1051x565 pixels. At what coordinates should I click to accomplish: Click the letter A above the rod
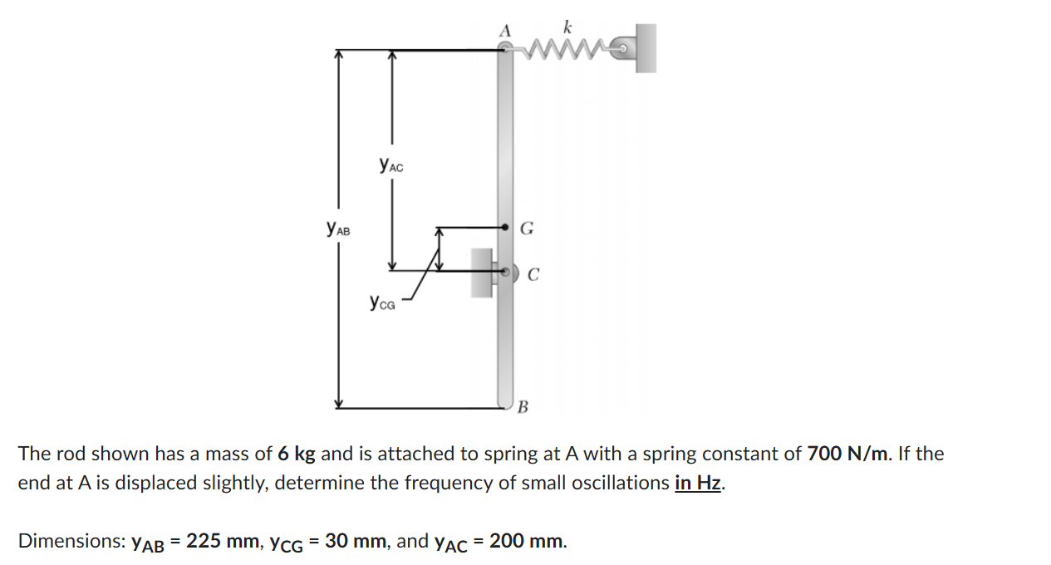pyautogui.click(x=503, y=30)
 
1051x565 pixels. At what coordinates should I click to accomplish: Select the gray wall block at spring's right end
pyautogui.click(x=645, y=47)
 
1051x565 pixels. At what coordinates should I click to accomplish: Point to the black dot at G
pyautogui.click(x=505, y=226)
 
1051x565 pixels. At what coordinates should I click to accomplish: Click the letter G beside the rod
pyautogui.click(x=527, y=228)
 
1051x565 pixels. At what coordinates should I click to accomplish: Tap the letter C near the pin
pyautogui.click(x=534, y=274)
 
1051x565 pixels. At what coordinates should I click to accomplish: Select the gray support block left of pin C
pyautogui.click(x=481, y=271)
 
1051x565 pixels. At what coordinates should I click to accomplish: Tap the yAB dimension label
pyautogui.click(x=338, y=227)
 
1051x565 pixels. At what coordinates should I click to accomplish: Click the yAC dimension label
pyautogui.click(x=390, y=165)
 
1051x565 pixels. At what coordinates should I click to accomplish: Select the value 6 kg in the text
pyautogui.click(x=297, y=454)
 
